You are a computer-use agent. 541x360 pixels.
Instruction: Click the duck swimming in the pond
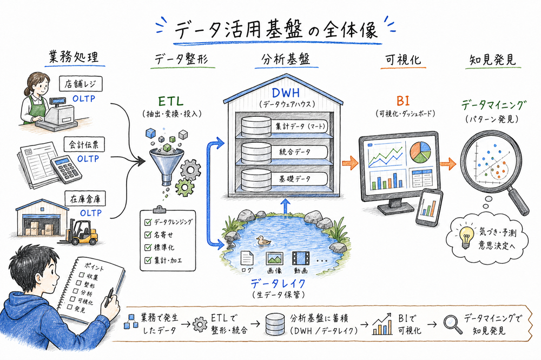point(263,242)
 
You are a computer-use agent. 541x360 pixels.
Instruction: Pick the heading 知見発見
point(491,59)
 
